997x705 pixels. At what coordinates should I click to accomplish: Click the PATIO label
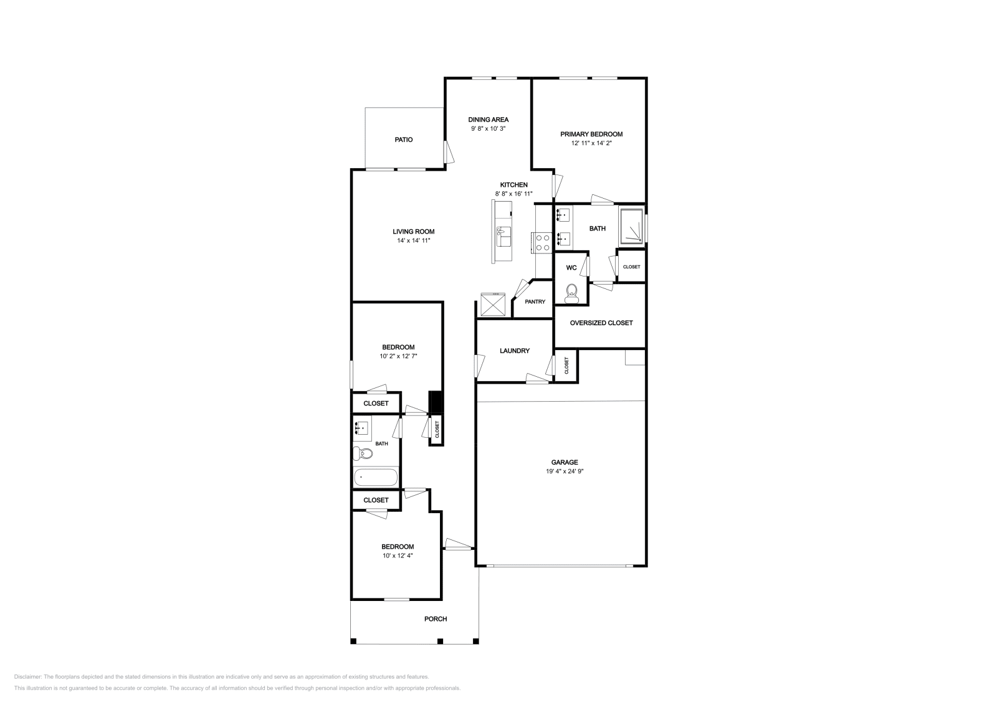pyautogui.click(x=403, y=140)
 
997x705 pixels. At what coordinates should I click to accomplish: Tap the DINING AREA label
pyautogui.click(x=489, y=120)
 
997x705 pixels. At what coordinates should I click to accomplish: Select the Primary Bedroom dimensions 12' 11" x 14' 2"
pyautogui.click(x=591, y=143)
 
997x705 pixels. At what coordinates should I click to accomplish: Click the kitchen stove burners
pyautogui.click(x=543, y=243)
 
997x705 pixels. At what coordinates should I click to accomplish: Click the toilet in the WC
pyautogui.click(x=571, y=293)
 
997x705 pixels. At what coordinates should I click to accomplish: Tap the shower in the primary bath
pyautogui.click(x=631, y=226)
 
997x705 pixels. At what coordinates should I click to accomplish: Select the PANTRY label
pyautogui.click(x=535, y=301)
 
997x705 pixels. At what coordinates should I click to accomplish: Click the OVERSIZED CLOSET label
pyautogui.click(x=601, y=323)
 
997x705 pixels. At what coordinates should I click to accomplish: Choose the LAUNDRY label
pyautogui.click(x=515, y=351)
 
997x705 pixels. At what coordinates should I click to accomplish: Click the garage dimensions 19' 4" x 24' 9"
pyautogui.click(x=565, y=471)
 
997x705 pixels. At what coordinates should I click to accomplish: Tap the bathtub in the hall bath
pyautogui.click(x=376, y=478)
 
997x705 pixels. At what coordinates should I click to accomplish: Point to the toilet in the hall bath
pyautogui.click(x=363, y=453)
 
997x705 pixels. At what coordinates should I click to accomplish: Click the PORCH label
pyautogui.click(x=436, y=619)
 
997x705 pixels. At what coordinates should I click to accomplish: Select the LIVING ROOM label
pyautogui.click(x=414, y=232)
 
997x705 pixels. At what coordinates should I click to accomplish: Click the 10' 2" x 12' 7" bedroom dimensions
pyautogui.click(x=398, y=356)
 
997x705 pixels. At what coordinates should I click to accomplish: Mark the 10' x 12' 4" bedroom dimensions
pyautogui.click(x=398, y=556)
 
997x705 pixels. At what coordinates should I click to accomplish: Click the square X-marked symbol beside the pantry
pyautogui.click(x=493, y=305)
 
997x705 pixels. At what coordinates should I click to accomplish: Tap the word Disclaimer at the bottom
pyautogui.click(x=28, y=677)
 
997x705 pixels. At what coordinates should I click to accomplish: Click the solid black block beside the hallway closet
pyautogui.click(x=435, y=402)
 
